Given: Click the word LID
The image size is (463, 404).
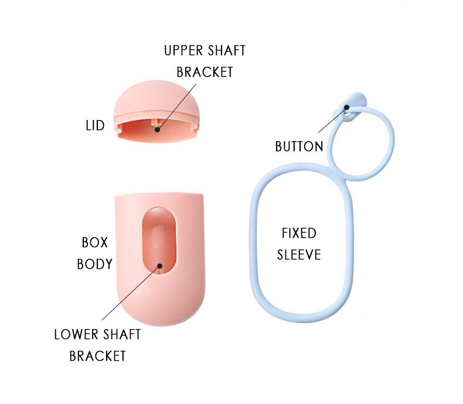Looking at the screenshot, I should click(94, 125).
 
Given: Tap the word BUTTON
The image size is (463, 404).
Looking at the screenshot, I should click(299, 146).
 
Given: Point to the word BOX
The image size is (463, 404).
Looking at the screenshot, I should click(94, 242).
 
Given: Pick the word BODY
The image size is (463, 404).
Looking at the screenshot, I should click(94, 264).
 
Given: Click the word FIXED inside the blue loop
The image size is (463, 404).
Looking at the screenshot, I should click(299, 233).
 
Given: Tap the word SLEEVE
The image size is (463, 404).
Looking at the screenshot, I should click(299, 255).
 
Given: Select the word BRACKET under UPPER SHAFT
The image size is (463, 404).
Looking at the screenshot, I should click(205, 72).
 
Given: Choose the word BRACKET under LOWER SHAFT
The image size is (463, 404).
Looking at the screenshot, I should click(97, 356).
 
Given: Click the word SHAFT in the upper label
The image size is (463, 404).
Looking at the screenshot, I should click(226, 50).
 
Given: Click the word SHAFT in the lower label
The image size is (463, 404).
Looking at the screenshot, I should click(121, 334).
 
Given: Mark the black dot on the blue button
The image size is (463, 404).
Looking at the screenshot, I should click(348, 107).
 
